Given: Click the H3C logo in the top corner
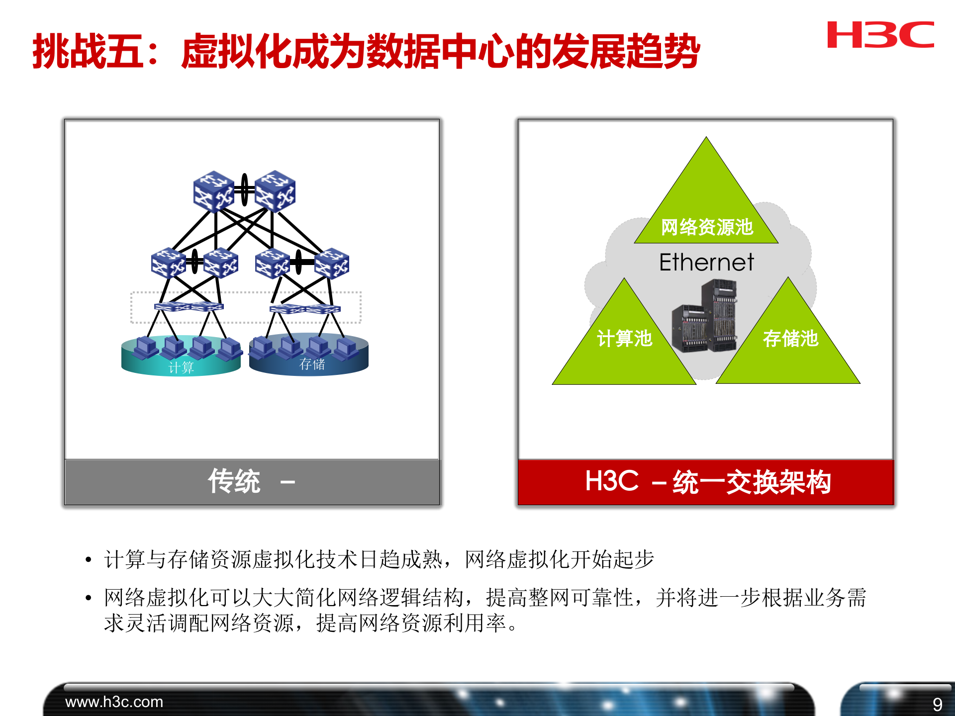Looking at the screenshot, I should tap(880, 35).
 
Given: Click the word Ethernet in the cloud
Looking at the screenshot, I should tap(706, 262).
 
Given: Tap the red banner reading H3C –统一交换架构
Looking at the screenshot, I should tap(706, 482).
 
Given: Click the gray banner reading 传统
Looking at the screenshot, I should tap(252, 482).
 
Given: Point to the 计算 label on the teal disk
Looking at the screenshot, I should tap(181, 367).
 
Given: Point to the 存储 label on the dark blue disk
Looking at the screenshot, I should tap(312, 364).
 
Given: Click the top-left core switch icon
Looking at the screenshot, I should tap(213, 191).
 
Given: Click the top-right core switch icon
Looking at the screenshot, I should tap(275, 191).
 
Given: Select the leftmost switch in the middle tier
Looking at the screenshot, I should tap(168, 263).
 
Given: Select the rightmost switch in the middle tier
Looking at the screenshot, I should tap(332, 263).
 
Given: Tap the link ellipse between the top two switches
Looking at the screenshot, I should tap(244, 189).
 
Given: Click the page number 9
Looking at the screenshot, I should tap(937, 704).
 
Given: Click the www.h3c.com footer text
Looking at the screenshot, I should tap(114, 702).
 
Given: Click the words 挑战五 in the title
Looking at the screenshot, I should tap(89, 51).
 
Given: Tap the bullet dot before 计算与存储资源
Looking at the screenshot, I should tap(89, 560).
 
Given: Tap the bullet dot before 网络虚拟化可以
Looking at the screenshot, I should tap(89, 598).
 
